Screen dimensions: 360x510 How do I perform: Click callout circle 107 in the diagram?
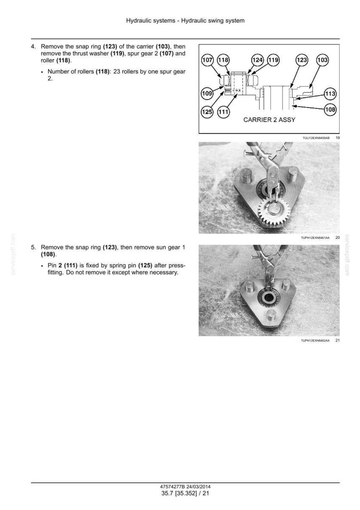[207, 60]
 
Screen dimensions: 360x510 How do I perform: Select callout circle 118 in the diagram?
[223, 60]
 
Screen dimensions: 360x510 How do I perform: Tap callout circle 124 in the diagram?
[258, 60]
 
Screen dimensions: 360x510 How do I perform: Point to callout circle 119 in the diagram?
[273, 60]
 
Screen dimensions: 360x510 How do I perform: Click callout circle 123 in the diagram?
[302, 60]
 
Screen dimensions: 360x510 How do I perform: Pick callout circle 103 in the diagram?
[322, 60]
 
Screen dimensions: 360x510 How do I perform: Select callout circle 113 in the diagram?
[330, 94]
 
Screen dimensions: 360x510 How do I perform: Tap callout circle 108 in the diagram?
[330, 109]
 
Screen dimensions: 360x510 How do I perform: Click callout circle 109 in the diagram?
[207, 93]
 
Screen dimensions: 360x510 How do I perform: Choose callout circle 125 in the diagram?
[207, 112]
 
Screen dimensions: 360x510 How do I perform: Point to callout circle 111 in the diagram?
[223, 112]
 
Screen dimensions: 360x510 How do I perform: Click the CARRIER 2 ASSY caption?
[269, 120]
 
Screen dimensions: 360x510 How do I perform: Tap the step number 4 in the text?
[33, 47]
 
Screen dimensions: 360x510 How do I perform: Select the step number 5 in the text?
[33, 248]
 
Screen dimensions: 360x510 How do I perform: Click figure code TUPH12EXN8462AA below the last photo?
[315, 341]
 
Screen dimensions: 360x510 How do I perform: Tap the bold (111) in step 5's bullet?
[71, 266]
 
